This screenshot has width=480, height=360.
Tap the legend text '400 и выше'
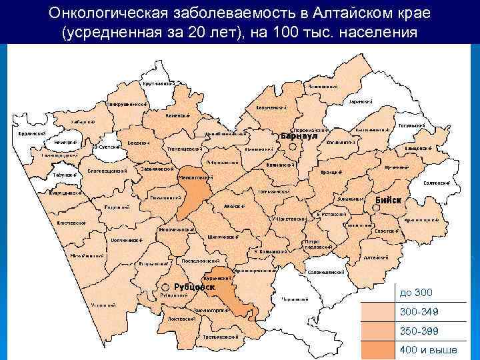[x=428, y=350]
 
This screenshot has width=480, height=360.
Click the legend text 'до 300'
[x=416, y=293]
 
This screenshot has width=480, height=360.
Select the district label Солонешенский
[x=326, y=272]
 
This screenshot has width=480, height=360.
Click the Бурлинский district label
[x=32, y=133]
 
